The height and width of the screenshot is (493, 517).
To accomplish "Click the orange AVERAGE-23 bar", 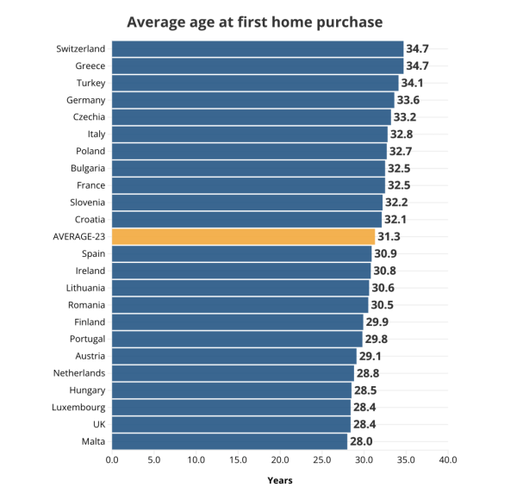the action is pos(243,237).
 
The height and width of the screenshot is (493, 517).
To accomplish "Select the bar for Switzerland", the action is pos(258,49).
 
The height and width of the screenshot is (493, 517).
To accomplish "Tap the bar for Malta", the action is pos(229,441).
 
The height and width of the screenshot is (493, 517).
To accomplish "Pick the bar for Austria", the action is pos(234,356).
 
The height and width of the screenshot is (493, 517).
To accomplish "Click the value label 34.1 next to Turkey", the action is pos(412,83).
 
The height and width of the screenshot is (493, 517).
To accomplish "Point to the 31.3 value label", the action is pos(389,237).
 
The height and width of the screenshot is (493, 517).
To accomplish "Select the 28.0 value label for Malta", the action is pos(361,441).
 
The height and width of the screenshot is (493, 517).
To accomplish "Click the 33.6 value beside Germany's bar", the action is pos(408,100).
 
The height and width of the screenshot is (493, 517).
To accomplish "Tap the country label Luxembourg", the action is pos(78,408).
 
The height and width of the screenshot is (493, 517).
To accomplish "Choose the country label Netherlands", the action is pos(79,373).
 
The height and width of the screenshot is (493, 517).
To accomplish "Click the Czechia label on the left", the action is pos(89,117).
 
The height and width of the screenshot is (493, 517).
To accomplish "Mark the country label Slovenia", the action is pos(87,203).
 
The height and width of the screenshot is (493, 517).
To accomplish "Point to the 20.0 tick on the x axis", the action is pos(280,460).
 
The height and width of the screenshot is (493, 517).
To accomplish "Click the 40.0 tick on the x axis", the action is pos(448,460).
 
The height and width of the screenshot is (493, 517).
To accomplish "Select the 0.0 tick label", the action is pos(112,460).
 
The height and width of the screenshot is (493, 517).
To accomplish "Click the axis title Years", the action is pos(280,480).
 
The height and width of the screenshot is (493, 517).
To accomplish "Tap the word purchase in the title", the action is pos(350,23).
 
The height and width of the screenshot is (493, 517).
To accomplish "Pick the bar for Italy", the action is pos(250,134).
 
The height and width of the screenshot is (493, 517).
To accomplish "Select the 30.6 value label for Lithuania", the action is pos(383,288).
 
